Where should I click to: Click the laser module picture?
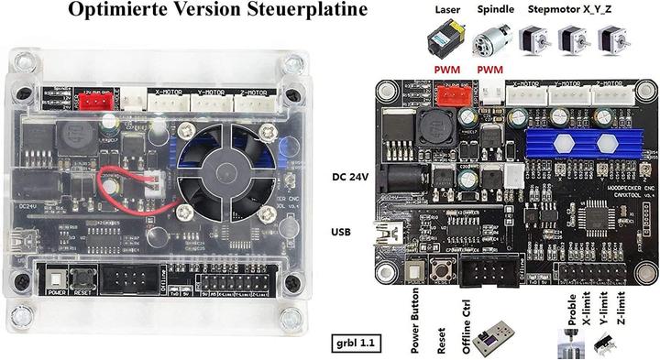446,41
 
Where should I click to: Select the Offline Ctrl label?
467,327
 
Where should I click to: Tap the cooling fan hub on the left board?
224,166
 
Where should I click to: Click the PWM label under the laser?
446,68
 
